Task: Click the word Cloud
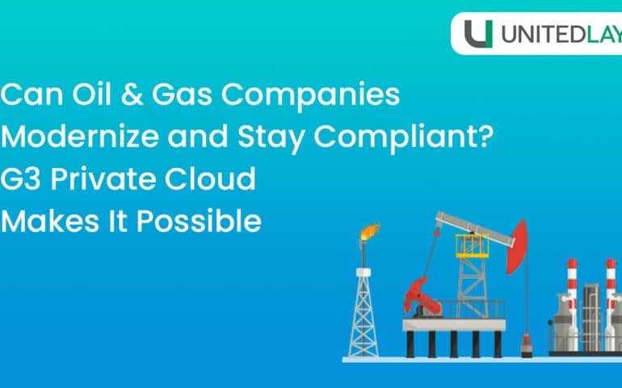(212, 179)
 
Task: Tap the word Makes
(48, 220)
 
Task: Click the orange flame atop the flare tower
(368, 234)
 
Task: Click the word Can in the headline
(30, 96)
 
